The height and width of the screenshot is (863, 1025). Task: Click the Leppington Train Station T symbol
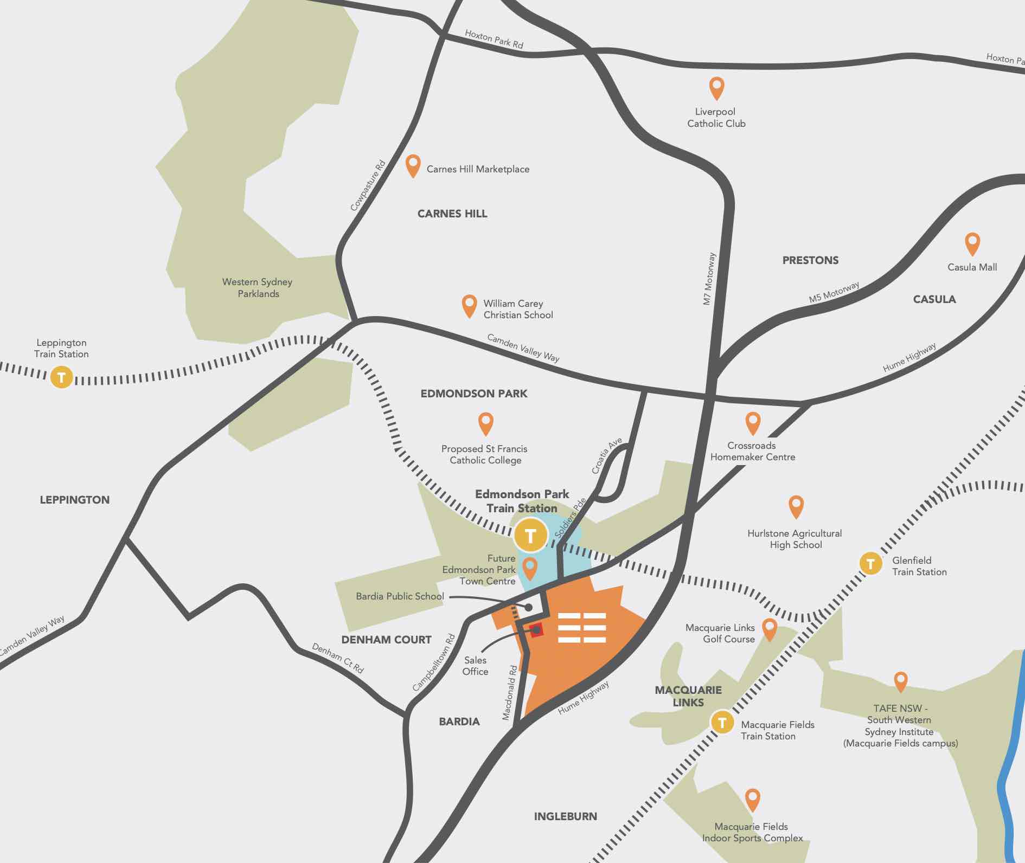pos(61,377)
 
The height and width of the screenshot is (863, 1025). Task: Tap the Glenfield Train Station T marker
pos(870,564)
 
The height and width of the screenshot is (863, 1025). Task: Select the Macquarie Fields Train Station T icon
pos(722,723)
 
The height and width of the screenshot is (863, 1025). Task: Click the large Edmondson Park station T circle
pos(530,536)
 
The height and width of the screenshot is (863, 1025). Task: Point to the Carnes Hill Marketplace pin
pos(413,165)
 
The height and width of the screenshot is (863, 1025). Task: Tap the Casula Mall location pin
pos(972,243)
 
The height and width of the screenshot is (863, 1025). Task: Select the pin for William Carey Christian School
pos(469,305)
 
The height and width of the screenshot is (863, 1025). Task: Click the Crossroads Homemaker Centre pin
pos(753,422)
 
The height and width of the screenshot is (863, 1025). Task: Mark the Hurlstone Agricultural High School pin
pos(796,506)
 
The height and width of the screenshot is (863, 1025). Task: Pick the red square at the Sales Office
pos(536,630)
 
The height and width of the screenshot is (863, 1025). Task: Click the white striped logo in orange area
pos(582,628)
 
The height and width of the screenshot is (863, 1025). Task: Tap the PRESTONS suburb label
pos(810,260)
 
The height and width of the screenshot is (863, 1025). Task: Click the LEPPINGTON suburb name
pos(75,500)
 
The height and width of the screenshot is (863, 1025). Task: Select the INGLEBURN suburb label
pos(565,816)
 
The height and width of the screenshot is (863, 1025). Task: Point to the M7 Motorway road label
pos(709,279)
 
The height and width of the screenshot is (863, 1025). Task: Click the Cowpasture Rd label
pos(368,185)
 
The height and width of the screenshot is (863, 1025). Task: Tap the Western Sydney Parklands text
pos(258,288)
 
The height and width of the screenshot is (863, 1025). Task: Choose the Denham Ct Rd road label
pos(337,658)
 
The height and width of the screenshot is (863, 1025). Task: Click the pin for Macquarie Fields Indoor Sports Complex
pos(752,798)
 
